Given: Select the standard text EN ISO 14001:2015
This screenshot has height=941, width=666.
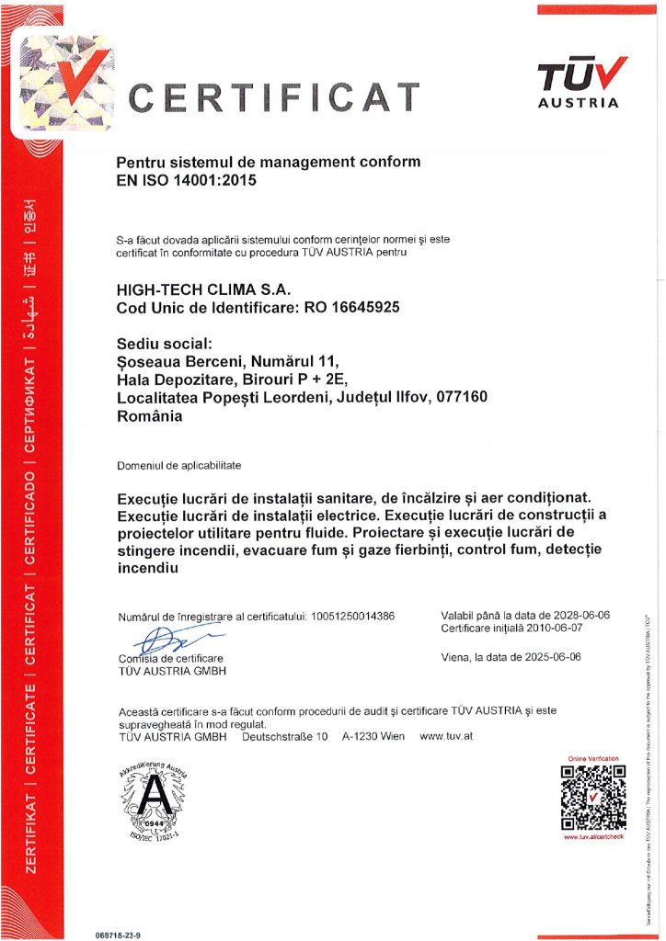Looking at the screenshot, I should (x=185, y=180).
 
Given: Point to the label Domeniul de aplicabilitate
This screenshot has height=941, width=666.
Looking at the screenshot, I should (x=178, y=466).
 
